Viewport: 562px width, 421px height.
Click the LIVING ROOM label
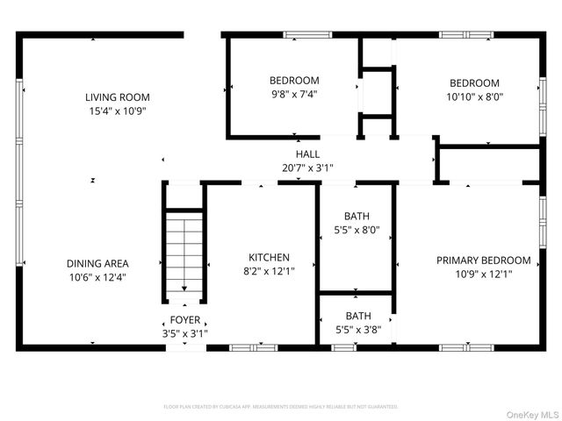tap(117, 97)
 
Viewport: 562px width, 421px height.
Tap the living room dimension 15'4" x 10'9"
tap(117, 111)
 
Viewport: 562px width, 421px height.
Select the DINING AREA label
tap(97, 263)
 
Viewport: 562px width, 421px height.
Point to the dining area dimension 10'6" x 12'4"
tap(97, 277)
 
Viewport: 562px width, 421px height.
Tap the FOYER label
tap(184, 320)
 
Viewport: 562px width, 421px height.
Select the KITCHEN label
tap(269, 257)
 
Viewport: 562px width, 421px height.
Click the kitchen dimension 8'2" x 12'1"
tap(269, 271)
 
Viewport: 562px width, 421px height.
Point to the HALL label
tap(307, 153)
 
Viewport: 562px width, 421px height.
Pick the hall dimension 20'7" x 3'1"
tap(307, 168)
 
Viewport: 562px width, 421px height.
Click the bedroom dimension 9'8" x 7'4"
tap(293, 95)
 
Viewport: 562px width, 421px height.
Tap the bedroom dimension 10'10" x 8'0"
tap(474, 97)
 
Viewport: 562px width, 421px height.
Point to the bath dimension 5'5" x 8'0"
tap(357, 231)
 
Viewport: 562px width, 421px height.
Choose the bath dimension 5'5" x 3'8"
tap(357, 330)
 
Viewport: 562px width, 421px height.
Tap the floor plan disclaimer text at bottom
tap(281, 407)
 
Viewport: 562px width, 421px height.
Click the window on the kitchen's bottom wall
tap(253, 347)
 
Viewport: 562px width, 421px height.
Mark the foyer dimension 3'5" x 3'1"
tap(184, 333)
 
